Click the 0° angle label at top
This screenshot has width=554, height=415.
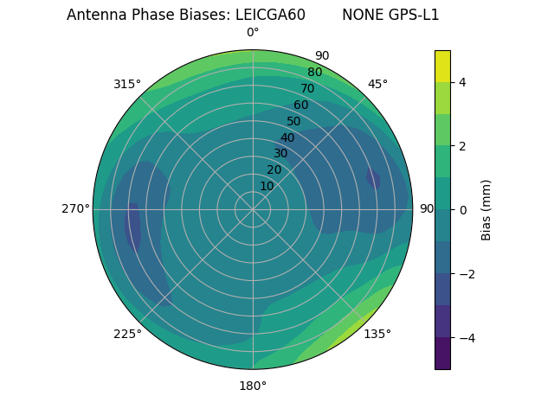253,33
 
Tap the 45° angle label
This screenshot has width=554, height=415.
377,84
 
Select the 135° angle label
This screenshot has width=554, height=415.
377,334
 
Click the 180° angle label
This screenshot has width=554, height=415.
253,386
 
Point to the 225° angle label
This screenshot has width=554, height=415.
127,335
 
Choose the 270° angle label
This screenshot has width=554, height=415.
76,209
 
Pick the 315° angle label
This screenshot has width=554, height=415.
127,84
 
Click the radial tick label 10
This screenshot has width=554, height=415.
267,186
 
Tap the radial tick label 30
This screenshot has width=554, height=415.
280,154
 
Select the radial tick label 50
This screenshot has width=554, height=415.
293,121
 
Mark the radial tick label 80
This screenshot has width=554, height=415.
314,73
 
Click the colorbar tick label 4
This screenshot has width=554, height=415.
462,82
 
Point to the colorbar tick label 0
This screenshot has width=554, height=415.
462,210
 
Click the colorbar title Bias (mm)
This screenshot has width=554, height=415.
486,210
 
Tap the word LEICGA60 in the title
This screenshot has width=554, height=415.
270,15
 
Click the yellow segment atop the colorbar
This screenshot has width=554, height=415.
442,66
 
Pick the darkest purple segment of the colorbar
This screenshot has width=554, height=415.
442,354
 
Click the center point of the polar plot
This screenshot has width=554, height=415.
253,209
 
